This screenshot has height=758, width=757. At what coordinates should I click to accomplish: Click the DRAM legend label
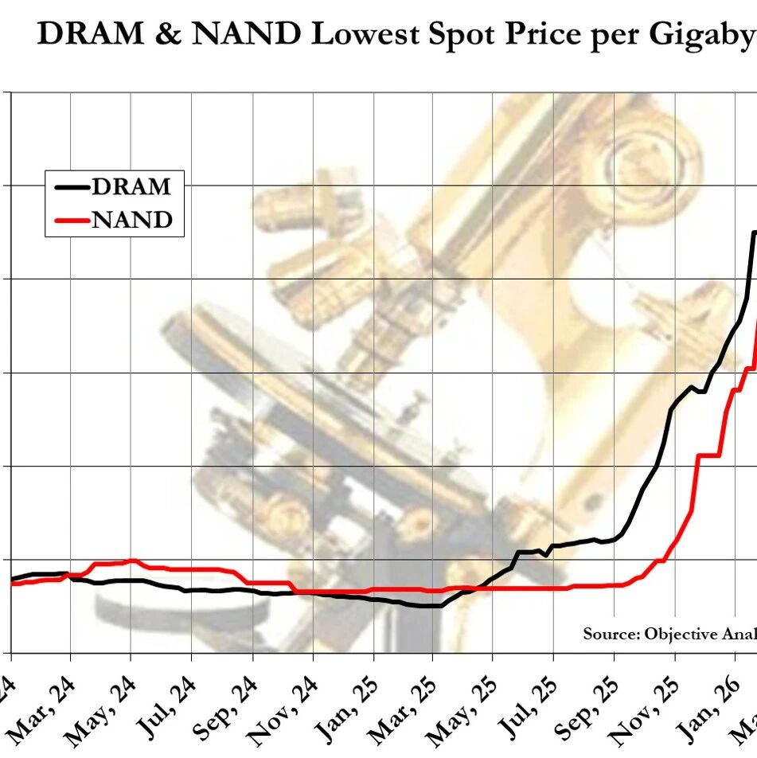click(131, 186)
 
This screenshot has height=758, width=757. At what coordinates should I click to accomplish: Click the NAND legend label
click(132, 219)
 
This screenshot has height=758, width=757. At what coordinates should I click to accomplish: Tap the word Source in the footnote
click(611, 634)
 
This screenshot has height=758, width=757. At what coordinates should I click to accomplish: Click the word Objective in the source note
click(680, 635)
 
